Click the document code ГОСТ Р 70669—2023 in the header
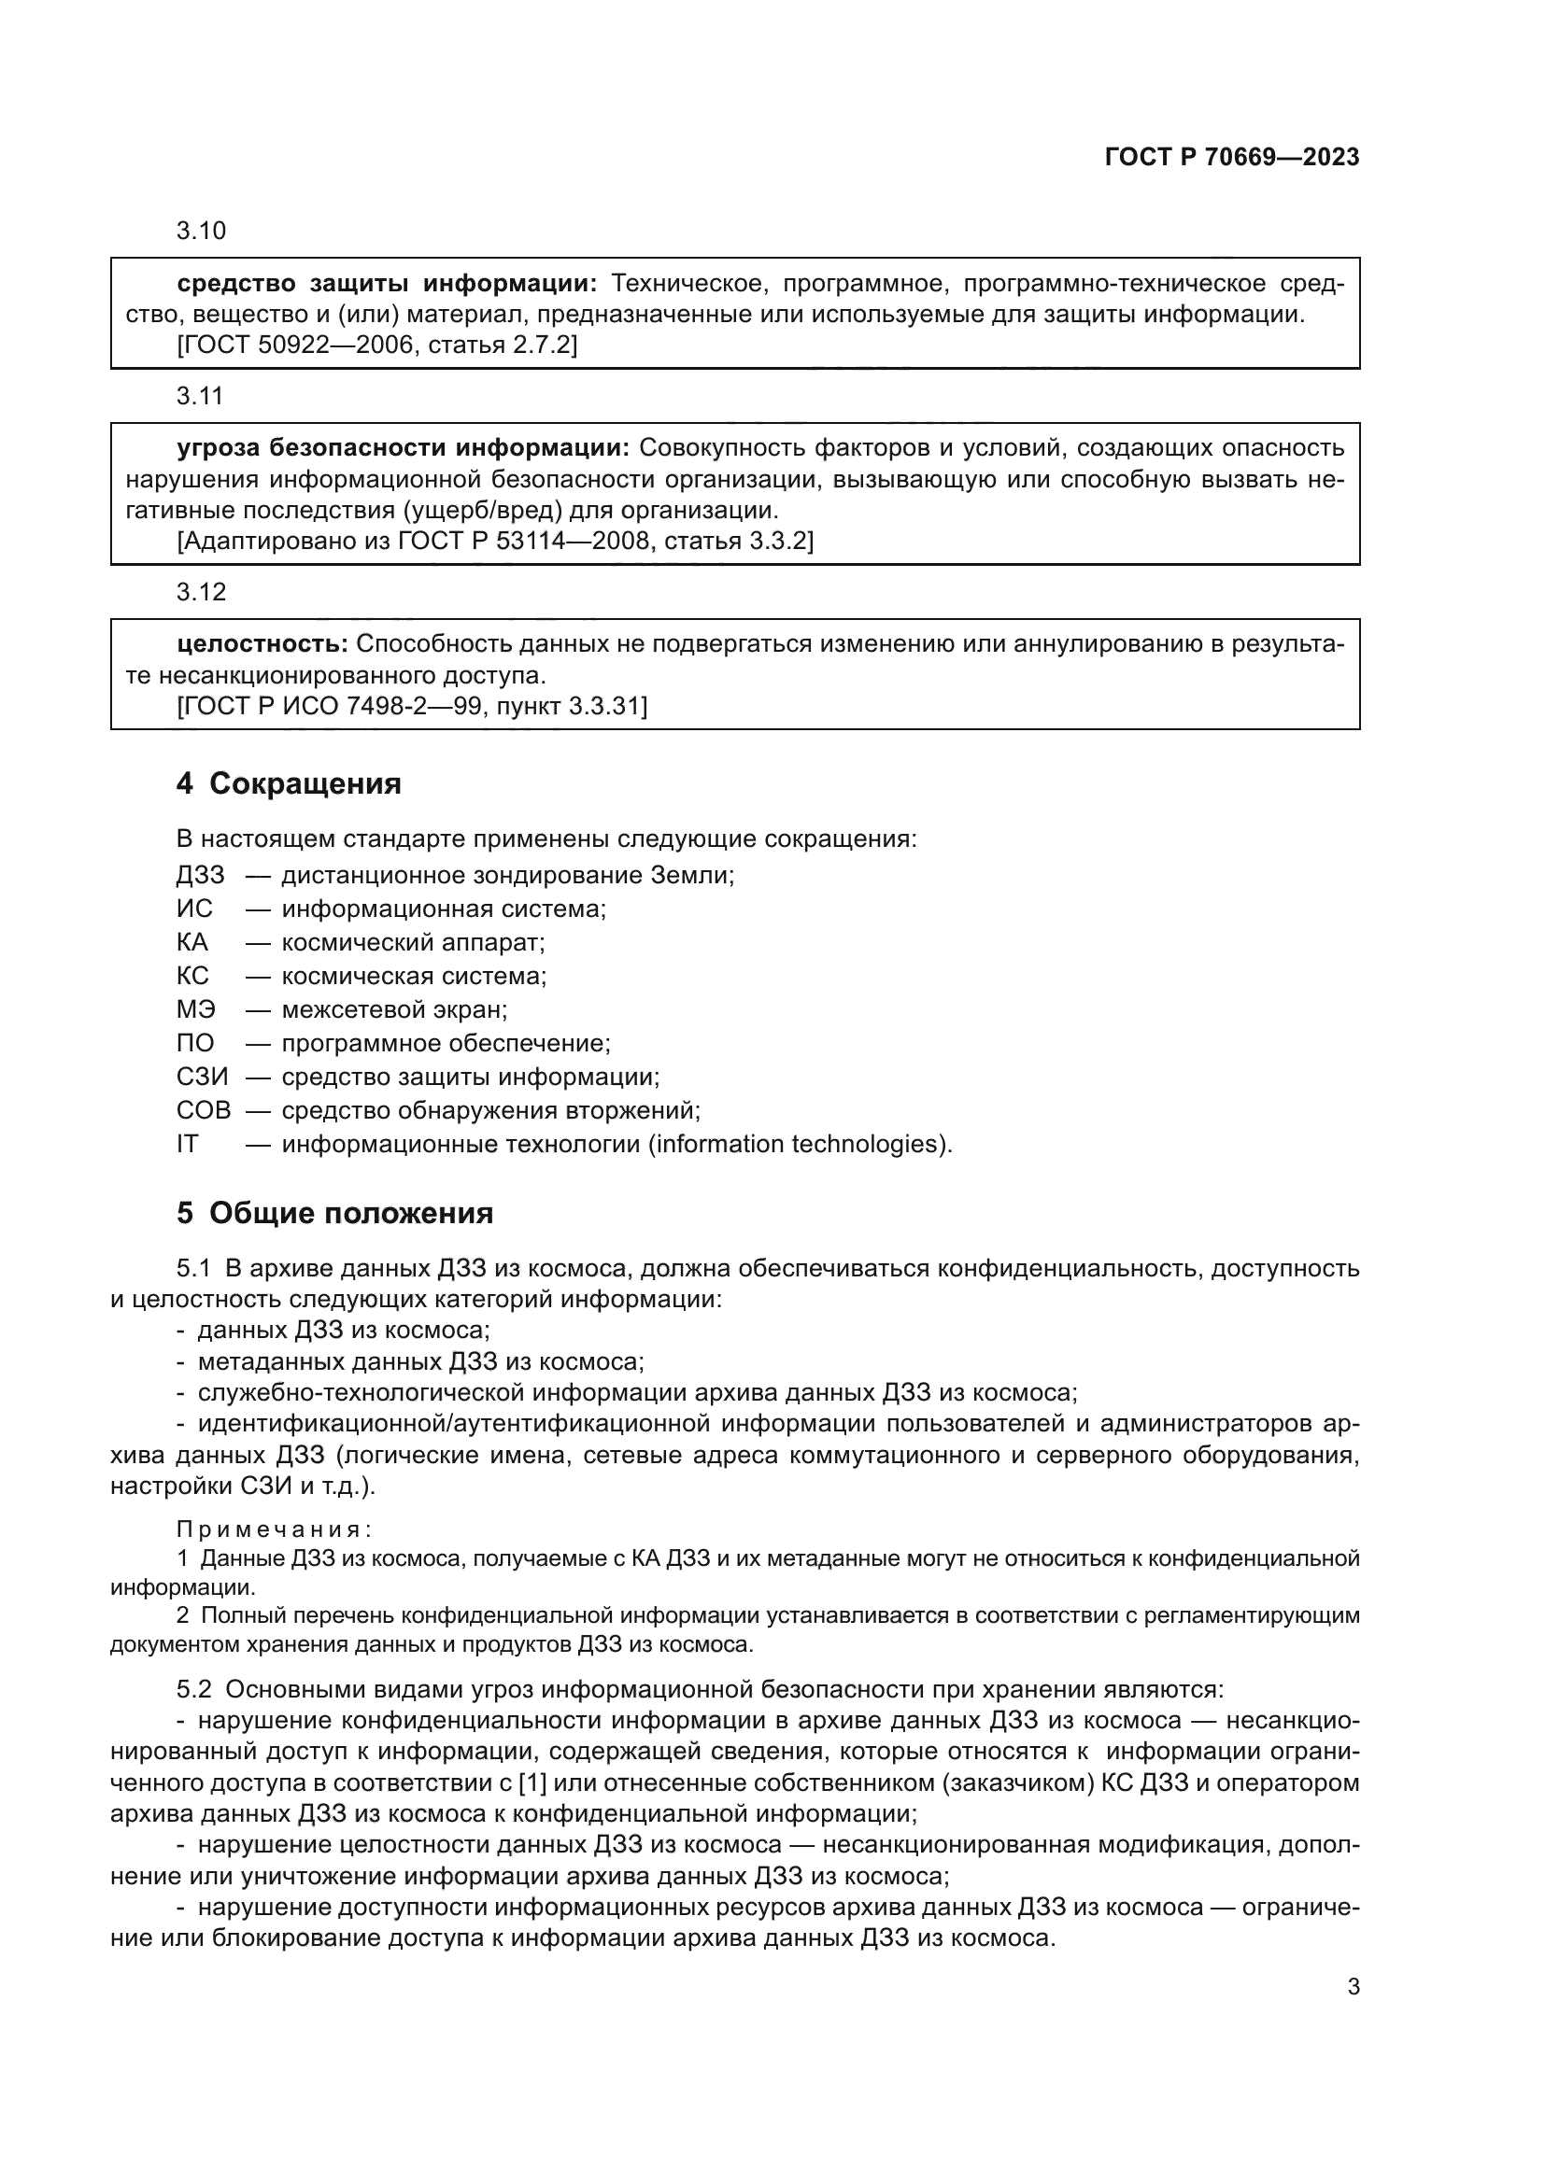[1231, 157]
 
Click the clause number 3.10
[201, 232]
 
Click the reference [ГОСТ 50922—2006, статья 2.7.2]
[376, 345]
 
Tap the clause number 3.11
[200, 396]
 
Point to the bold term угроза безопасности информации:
[403, 448]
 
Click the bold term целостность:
[262, 644]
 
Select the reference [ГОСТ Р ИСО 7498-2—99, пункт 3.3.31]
[412, 706]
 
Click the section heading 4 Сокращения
[289, 782]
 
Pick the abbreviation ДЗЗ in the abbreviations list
[200, 875]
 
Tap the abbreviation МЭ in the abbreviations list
[195, 1009]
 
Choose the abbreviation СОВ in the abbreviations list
[203, 1110]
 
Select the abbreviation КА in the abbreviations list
[192, 943]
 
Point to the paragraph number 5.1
[193, 1268]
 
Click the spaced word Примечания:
[274, 1529]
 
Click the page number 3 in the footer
[1353, 1987]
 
